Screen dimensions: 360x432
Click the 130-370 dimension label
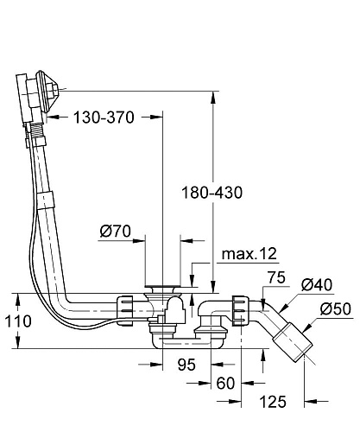[104, 118]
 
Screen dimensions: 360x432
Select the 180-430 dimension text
[212, 193]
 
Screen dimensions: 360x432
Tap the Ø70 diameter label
[115, 231]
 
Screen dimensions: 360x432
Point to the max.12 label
[249, 253]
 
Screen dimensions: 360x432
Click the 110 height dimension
[18, 321]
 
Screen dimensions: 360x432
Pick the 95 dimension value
[186, 365]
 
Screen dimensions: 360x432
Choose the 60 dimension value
[225, 383]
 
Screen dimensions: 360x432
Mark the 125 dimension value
[273, 402]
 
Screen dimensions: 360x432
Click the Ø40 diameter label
[317, 284]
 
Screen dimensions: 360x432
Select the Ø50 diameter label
[336, 308]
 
